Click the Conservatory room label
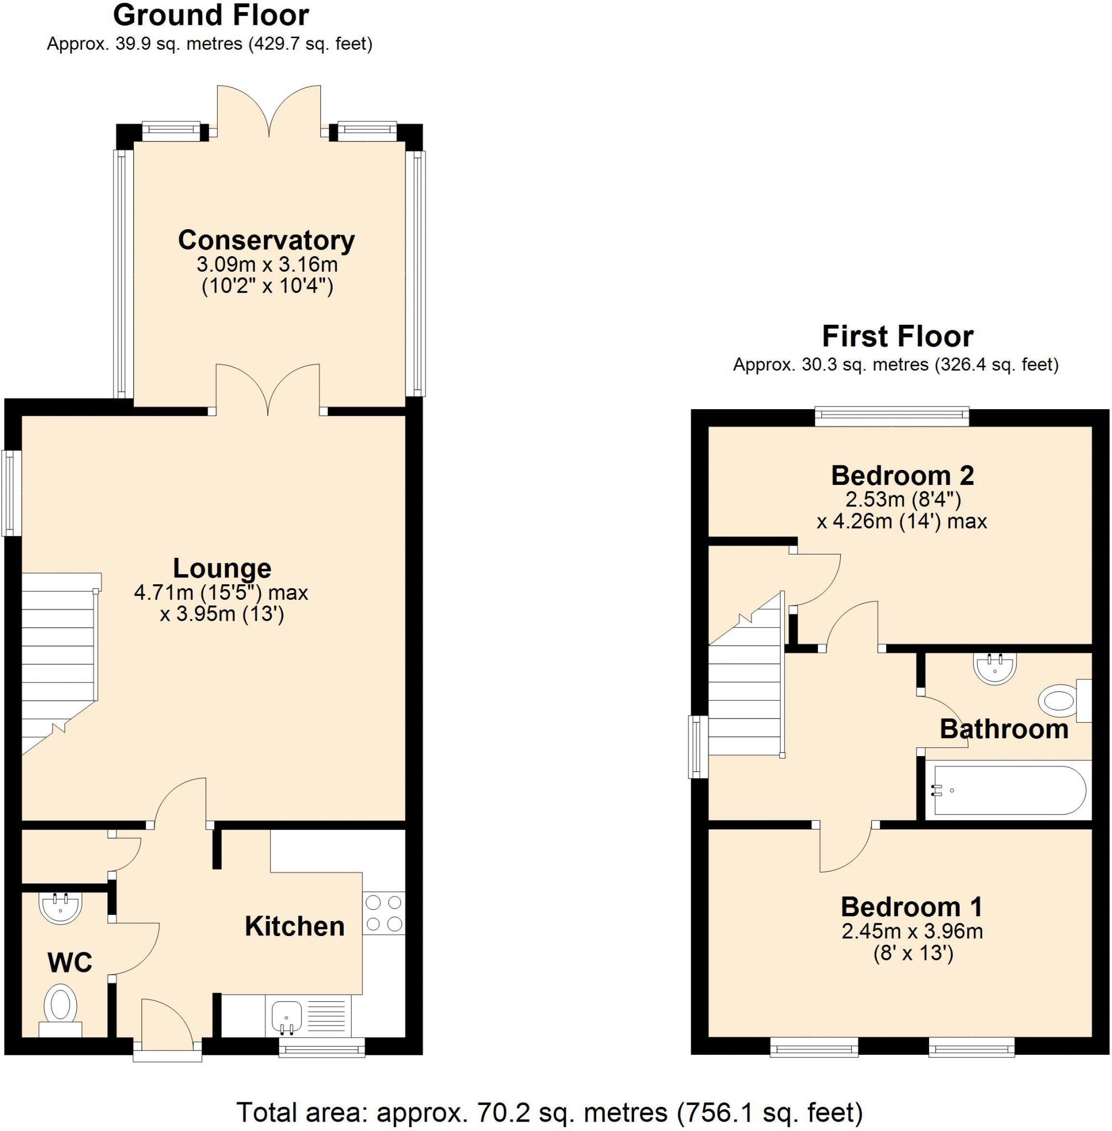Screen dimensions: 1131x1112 click(x=266, y=240)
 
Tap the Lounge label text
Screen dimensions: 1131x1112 click(x=222, y=568)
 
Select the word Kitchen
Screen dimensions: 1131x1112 click(x=294, y=927)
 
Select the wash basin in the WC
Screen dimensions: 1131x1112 click(x=60, y=908)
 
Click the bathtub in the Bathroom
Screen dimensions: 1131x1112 click(x=1009, y=791)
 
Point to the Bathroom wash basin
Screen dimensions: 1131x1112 click(x=994, y=667)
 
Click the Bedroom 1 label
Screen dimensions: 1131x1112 click(x=911, y=907)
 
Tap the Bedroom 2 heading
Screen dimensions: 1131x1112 click(x=902, y=475)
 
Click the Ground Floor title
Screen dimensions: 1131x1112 click(x=210, y=16)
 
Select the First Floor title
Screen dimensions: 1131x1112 click(x=897, y=336)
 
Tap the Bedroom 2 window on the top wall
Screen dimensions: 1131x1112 click(x=891, y=416)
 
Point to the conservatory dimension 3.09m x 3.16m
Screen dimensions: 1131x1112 click(x=267, y=265)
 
